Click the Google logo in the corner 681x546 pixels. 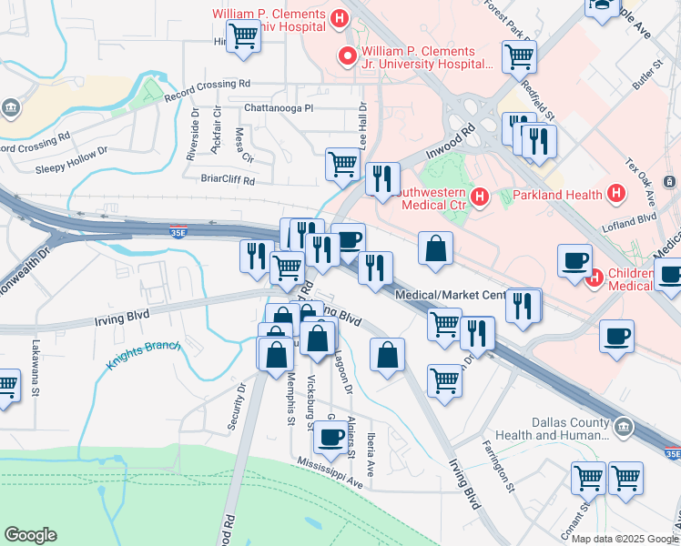tap(30, 535)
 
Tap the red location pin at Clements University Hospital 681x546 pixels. tap(347, 57)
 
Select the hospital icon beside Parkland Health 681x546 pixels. tap(616, 194)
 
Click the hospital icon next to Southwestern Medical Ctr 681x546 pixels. tap(481, 196)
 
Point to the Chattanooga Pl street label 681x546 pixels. tap(278, 107)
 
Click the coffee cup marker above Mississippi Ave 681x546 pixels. tap(330, 438)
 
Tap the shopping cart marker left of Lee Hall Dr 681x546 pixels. tap(342, 165)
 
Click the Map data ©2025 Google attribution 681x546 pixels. tap(624, 538)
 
